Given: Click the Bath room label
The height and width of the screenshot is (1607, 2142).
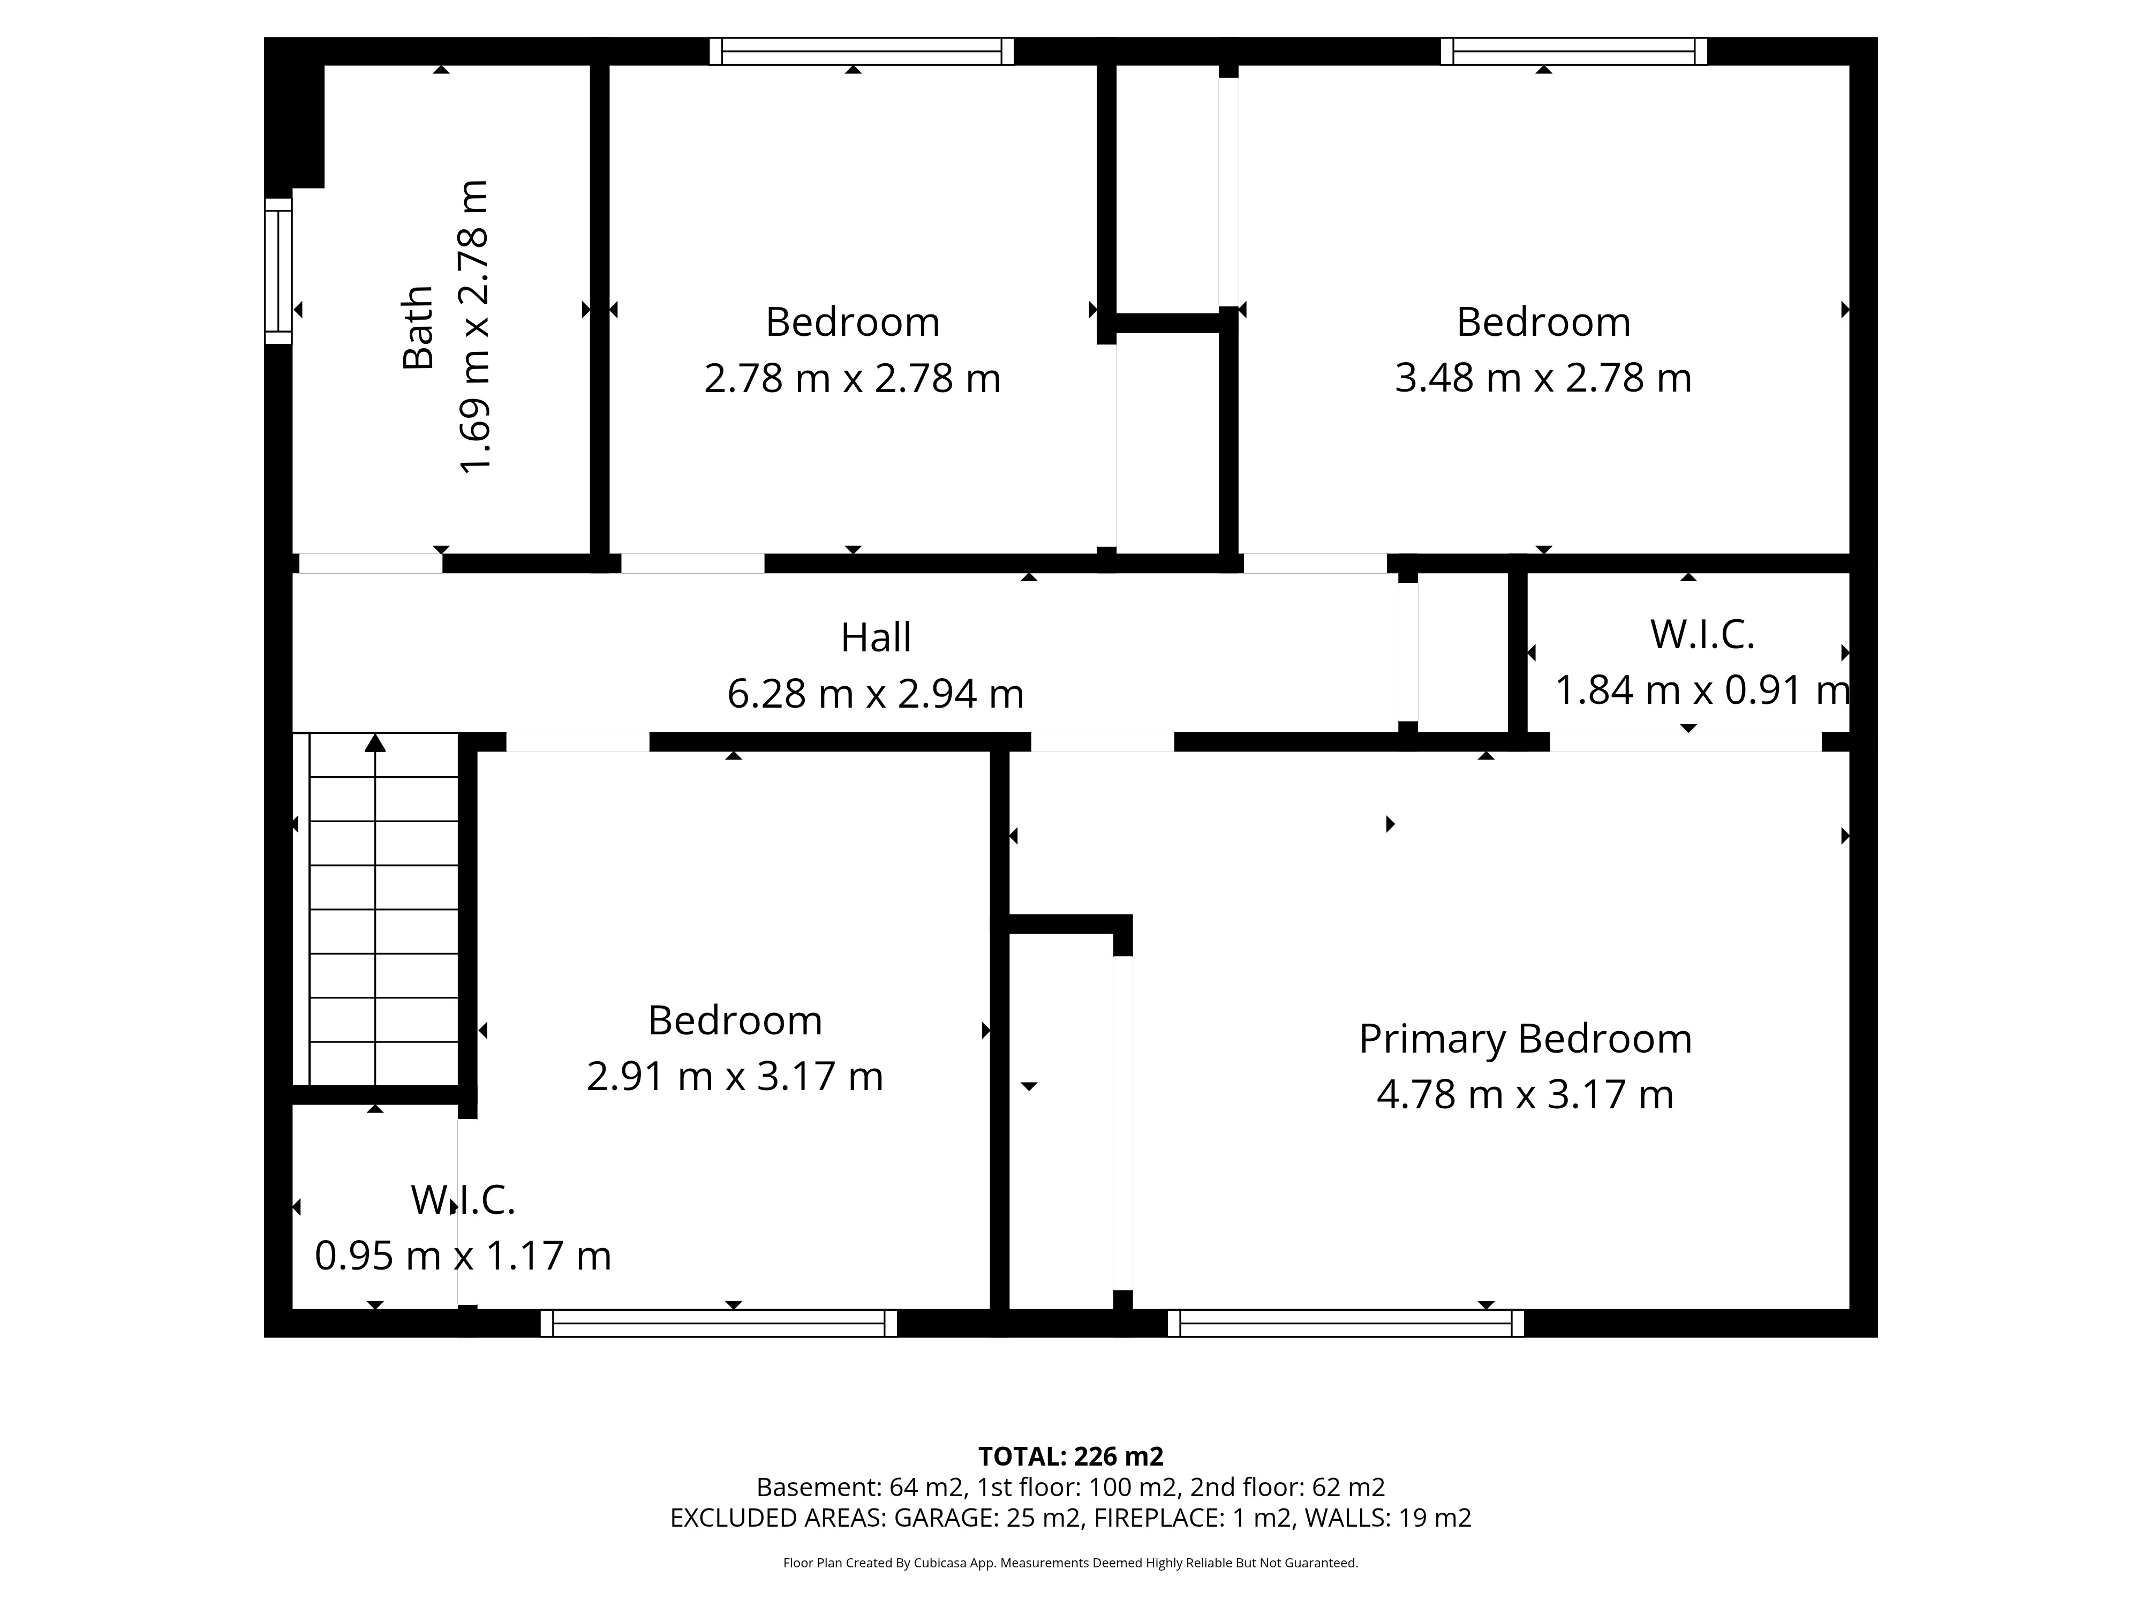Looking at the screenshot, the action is [418, 327].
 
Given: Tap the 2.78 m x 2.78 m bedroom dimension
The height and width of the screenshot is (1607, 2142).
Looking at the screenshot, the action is [852, 378].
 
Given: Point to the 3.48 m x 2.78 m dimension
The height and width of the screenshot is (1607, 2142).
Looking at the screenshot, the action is [1543, 378].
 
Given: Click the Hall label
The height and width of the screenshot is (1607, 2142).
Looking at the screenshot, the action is [876, 637].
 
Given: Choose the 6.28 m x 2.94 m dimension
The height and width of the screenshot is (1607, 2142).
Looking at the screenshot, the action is [876, 694].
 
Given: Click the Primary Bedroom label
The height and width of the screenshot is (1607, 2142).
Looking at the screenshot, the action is [1525, 1039].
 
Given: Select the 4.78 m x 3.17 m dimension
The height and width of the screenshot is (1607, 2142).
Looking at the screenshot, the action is [1525, 1094].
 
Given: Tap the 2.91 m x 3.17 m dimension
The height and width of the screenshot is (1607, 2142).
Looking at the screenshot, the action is [735, 1076].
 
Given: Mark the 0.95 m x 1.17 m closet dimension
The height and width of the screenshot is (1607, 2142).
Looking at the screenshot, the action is [463, 1256].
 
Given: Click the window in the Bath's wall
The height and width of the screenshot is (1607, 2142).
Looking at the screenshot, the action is [279, 271].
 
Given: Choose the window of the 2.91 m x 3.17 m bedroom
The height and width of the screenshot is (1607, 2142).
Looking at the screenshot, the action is [719, 1323].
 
